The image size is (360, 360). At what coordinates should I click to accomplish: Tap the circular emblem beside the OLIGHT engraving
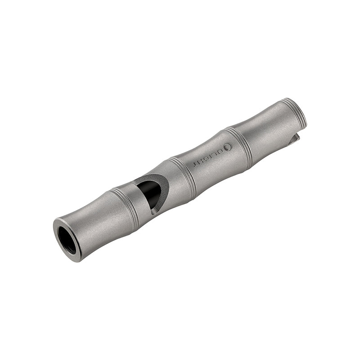pyautogui.click(x=228, y=147)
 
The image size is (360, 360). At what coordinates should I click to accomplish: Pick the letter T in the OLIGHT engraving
pyautogui.click(x=196, y=163)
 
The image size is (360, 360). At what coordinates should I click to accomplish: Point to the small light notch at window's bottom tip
pyautogui.click(x=154, y=209)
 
